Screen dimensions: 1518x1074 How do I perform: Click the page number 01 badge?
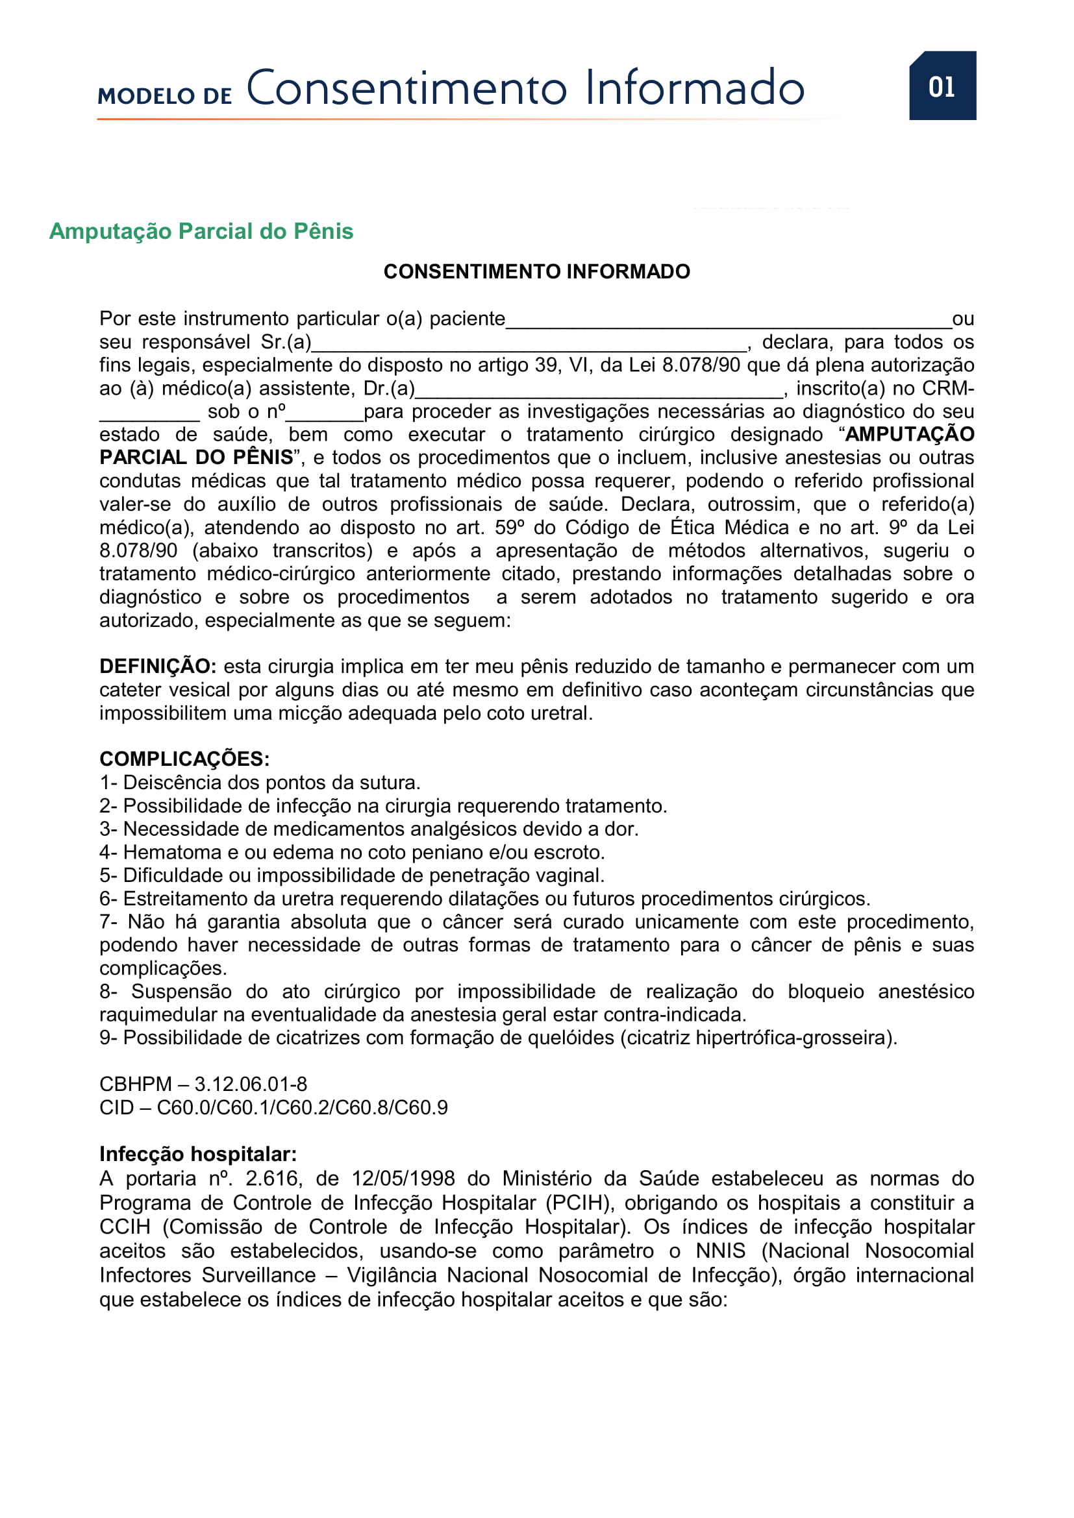942,86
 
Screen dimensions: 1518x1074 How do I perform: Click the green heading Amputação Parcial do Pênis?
201,232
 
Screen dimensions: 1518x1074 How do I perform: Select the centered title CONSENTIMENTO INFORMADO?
536,272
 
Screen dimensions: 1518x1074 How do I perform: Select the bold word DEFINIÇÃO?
157,667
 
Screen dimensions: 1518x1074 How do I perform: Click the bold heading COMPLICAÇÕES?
184,759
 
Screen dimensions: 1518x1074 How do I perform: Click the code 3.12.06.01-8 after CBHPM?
251,1084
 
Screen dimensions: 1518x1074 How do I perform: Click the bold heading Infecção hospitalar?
198,1155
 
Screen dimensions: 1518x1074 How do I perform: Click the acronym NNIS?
721,1251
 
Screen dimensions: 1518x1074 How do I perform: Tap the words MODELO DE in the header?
165,96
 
